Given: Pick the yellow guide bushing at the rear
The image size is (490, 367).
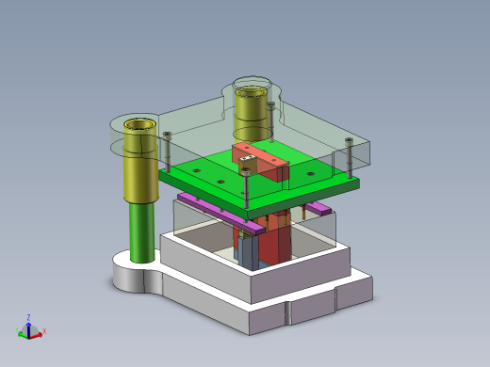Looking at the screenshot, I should coord(252,113).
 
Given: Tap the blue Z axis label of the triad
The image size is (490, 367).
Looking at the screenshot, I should coord(28,317).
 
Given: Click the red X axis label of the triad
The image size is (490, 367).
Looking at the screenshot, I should coord(44,332).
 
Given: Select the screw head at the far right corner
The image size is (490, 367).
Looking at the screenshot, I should coord(349,141).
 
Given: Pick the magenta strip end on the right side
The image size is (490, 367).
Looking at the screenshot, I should coord(318,207).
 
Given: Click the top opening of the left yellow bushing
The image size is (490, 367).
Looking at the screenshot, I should coord(138,123).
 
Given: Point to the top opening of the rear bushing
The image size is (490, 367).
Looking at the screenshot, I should coord(251,90).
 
